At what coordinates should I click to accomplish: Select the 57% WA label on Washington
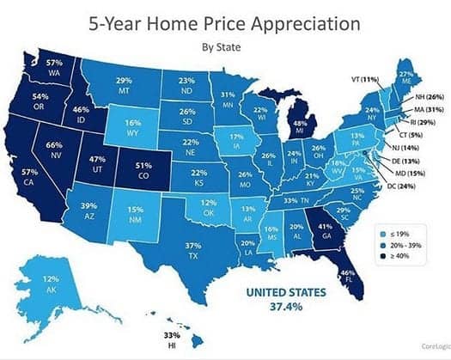click(x=53, y=68)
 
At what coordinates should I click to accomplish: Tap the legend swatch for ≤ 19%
click(x=382, y=232)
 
